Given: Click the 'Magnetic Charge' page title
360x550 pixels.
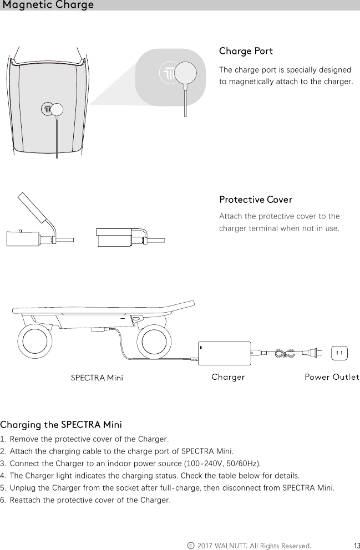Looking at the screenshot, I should click(48, 6).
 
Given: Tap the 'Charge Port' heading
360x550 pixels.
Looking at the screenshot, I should click(246, 52).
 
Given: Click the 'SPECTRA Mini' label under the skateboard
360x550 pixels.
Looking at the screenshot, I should click(97, 378).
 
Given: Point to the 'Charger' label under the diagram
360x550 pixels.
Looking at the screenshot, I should click(229, 378).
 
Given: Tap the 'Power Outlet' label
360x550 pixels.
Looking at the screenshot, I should click(332, 378).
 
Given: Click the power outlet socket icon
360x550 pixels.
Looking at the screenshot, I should click(339, 353).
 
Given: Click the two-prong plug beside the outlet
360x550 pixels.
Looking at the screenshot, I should click(314, 353).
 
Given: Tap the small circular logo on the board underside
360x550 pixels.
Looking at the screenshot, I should click(48, 109).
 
